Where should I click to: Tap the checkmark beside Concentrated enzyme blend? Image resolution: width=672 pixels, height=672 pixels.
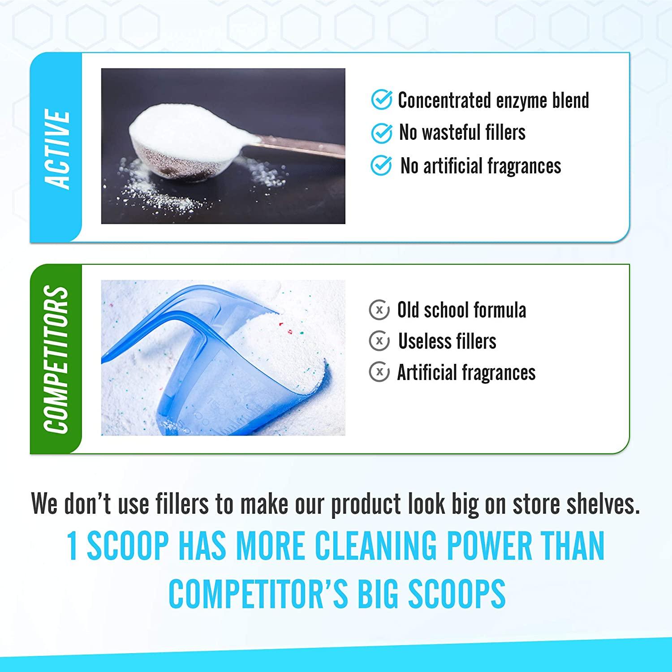(x=382, y=100)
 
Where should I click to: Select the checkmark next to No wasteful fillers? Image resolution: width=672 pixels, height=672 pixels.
(x=382, y=133)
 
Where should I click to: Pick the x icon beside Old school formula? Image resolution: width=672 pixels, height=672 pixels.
(x=379, y=310)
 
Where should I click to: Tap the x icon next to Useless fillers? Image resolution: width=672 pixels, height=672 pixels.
(x=379, y=341)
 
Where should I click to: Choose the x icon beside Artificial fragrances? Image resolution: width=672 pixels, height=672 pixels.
(x=379, y=372)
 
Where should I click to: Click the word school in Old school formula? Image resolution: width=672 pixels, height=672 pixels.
(x=448, y=310)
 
